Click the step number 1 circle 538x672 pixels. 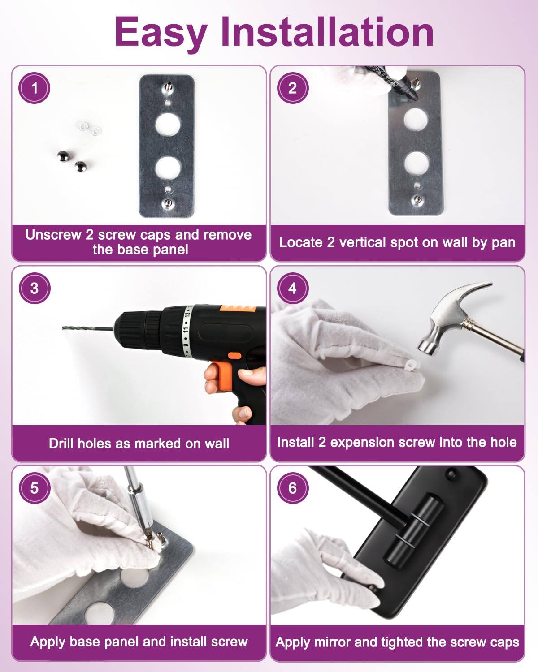coord(35,88)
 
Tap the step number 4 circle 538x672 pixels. coord(293,288)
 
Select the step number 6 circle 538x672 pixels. coord(293,487)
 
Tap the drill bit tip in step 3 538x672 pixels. coord(64,328)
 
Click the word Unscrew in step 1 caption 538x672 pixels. coord(53,235)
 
